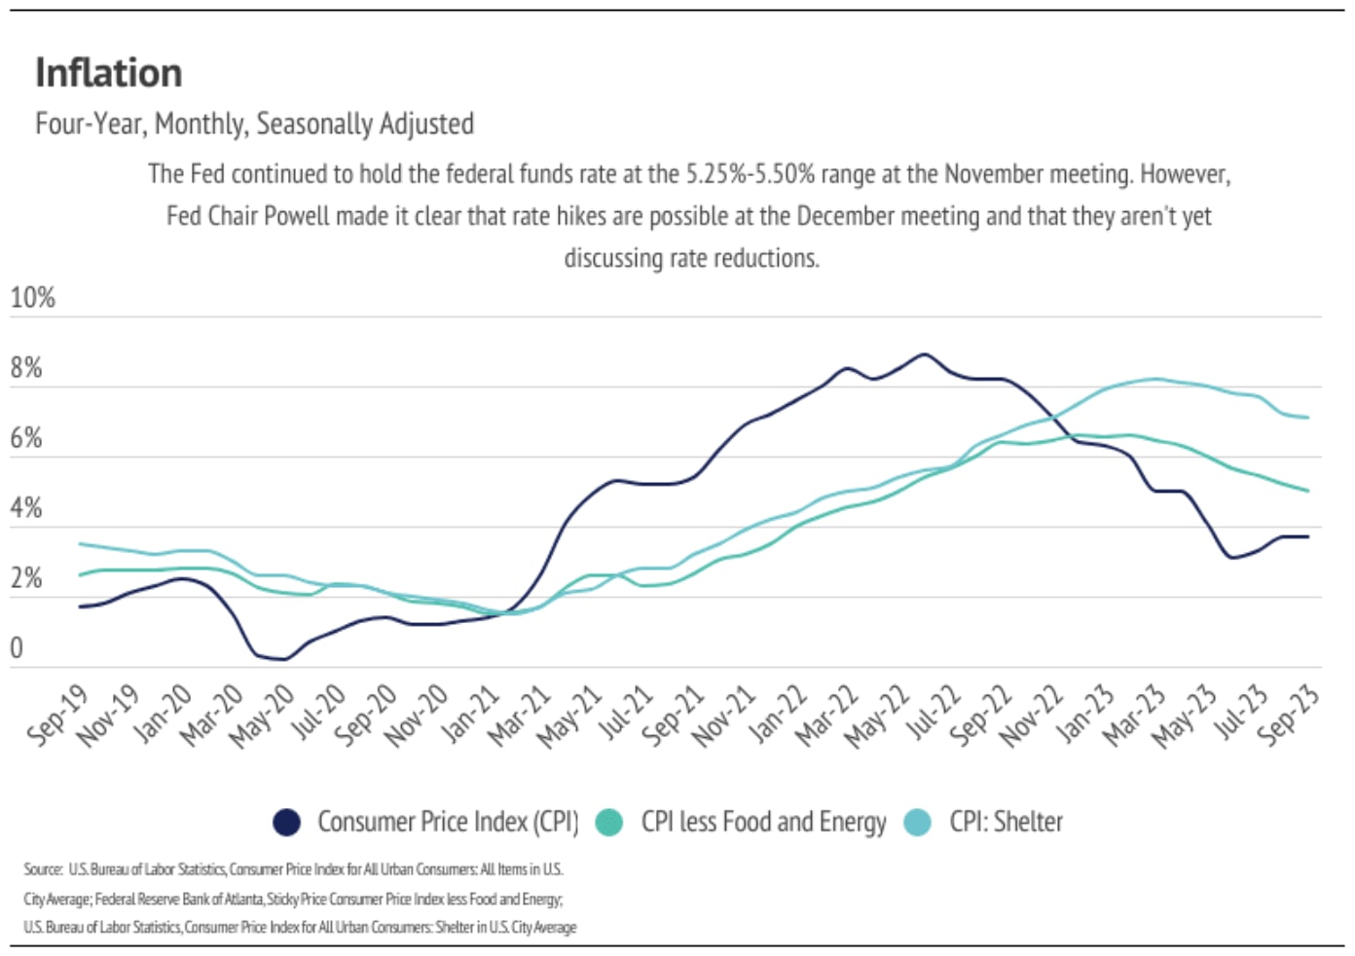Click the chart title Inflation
[108, 73]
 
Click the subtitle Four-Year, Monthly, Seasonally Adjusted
[254, 124]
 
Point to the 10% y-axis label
[32, 298]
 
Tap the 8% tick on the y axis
[26, 368]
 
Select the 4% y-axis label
[26, 508]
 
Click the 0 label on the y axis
[17, 648]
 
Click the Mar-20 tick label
[212, 715]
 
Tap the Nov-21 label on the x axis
[724, 716]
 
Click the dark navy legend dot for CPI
[286, 823]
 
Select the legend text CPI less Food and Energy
[763, 823]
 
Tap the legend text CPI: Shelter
[1006, 823]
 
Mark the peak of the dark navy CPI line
[924, 354]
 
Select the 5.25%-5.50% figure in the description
[751, 174]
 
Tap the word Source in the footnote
[43, 868]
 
